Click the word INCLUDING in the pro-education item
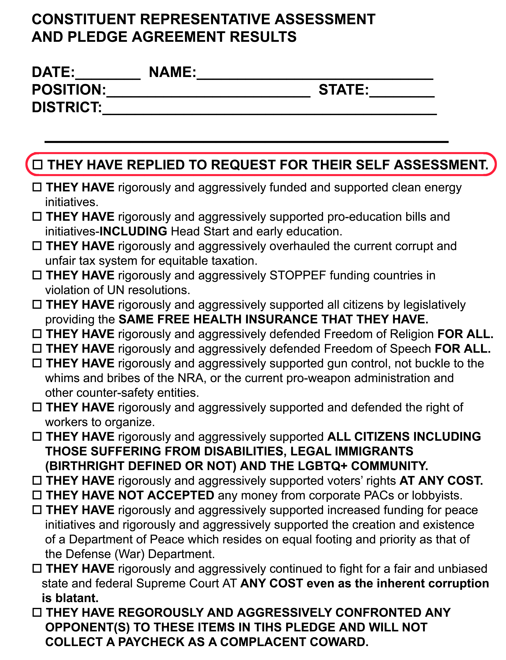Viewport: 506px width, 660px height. (133, 231)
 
